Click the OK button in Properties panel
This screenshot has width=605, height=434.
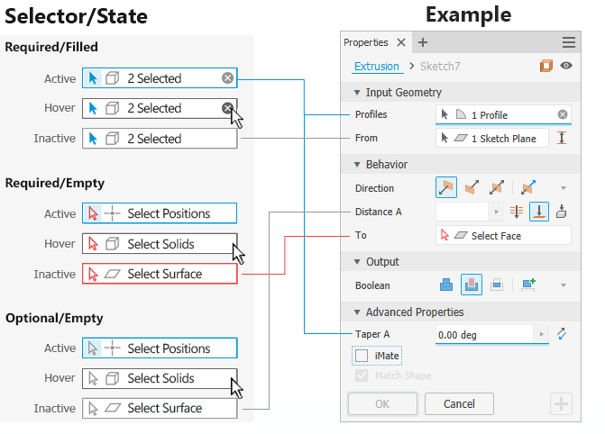382,403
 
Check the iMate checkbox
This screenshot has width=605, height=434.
362,356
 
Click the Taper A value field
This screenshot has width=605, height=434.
486,334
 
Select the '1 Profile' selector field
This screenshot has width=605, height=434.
503,114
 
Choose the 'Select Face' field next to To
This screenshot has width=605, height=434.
503,235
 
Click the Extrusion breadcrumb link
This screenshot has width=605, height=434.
375,66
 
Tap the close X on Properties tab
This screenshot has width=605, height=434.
401,42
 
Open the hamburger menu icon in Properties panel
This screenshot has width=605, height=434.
569,42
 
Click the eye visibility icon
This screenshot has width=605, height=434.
566,66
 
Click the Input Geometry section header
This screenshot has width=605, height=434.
403,93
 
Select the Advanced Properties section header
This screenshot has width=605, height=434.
414,312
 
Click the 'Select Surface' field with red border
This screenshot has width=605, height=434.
160,274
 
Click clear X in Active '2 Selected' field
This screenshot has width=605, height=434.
227,78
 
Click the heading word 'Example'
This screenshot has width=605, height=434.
468,15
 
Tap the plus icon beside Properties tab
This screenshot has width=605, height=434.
423,42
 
